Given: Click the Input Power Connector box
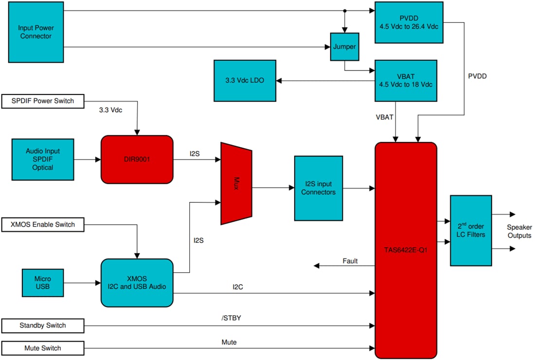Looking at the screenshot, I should pyautogui.click(x=35, y=32).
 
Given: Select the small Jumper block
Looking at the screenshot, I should pyautogui.click(x=344, y=47).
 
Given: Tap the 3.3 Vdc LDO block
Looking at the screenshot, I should pyautogui.click(x=245, y=80).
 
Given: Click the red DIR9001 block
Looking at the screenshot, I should pyautogui.click(x=137, y=159).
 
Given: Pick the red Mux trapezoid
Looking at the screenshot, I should pyautogui.click(x=236, y=183).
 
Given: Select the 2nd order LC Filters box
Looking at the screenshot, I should pyautogui.click(x=471, y=231).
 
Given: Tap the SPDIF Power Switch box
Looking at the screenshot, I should pyautogui.click(x=43, y=101).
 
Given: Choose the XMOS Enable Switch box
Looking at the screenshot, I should pyautogui.click(x=43, y=224).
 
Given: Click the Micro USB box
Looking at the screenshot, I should pyautogui.click(x=43, y=283).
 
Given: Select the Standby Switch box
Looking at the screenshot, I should pyautogui.click(x=43, y=325).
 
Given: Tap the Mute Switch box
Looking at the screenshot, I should pyautogui.click(x=43, y=348).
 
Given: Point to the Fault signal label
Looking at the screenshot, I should pyautogui.click(x=350, y=261).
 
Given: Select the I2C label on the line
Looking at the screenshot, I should pyautogui.click(x=238, y=287).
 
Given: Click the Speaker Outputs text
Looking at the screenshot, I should pyautogui.click(x=519, y=232).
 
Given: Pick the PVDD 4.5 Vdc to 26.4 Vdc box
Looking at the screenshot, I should pyautogui.click(x=409, y=22).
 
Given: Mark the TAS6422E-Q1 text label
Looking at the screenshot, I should pyautogui.click(x=406, y=253).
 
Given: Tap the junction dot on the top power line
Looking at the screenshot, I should pyautogui.click(x=344, y=11).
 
